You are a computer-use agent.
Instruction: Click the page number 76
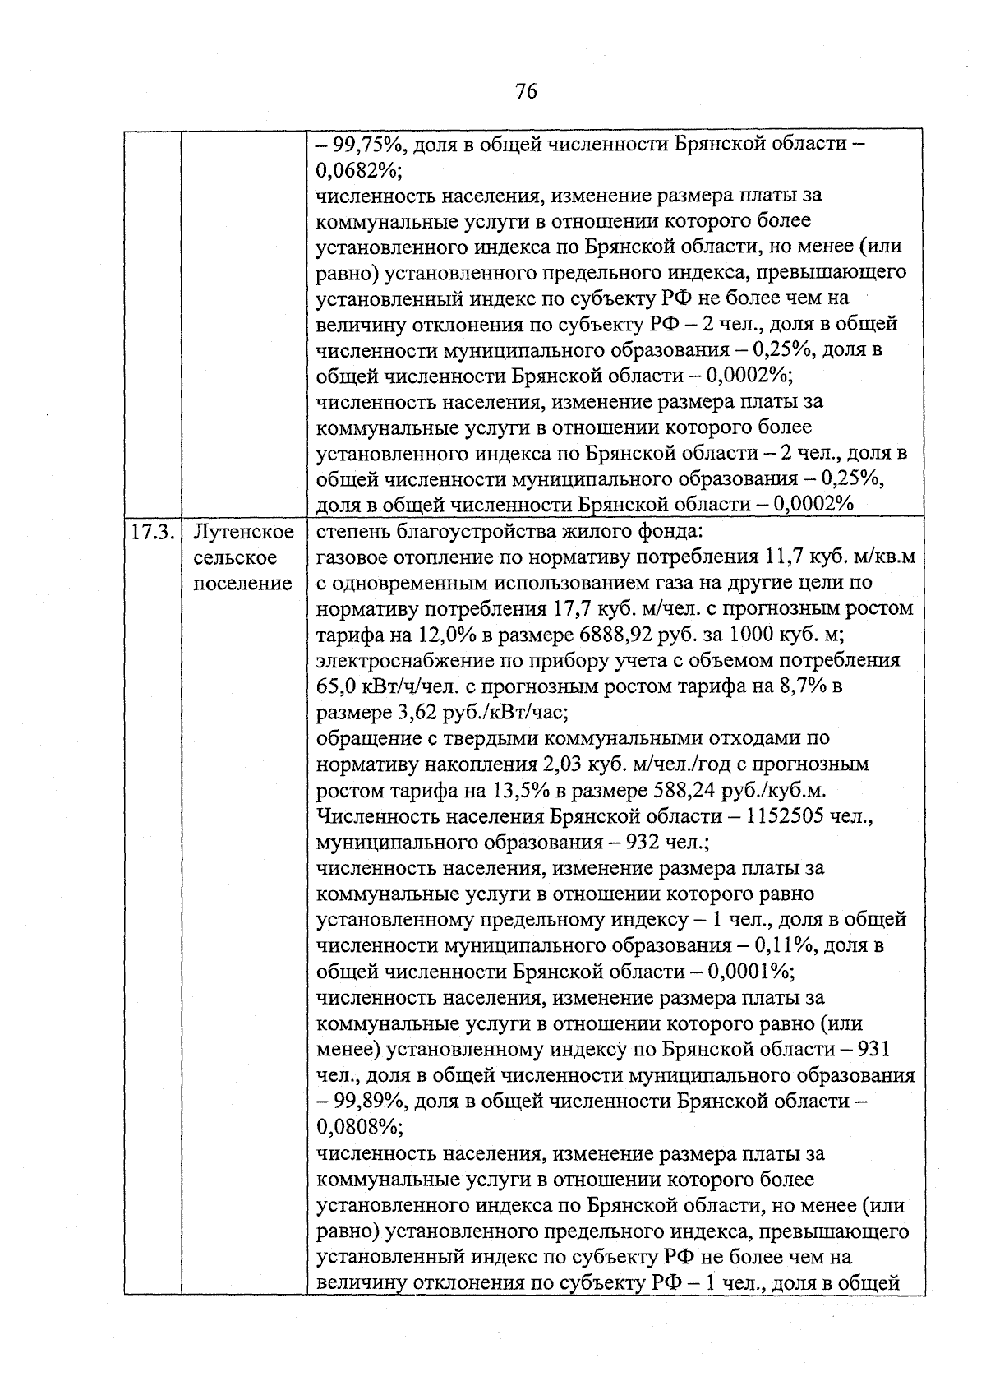coord(527,91)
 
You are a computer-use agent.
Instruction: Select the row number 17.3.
coord(152,532)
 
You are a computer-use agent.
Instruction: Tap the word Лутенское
coord(243,532)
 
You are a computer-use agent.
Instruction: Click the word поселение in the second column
coord(243,584)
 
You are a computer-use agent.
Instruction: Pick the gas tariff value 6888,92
coord(620,635)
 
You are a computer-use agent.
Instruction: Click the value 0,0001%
coord(750,972)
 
